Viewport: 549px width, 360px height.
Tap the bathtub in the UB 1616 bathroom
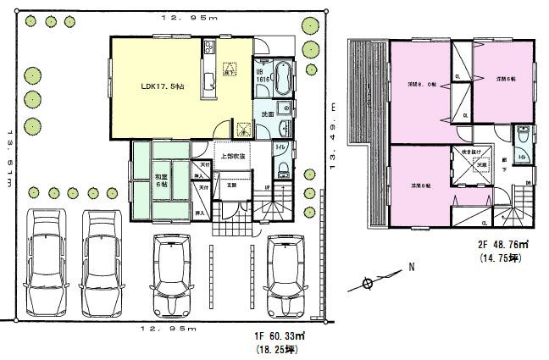click(x=283, y=78)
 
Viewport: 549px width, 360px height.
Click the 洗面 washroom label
click(x=265, y=114)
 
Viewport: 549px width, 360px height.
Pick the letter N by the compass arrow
click(x=412, y=268)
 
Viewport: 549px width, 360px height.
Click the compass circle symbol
click(x=367, y=284)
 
